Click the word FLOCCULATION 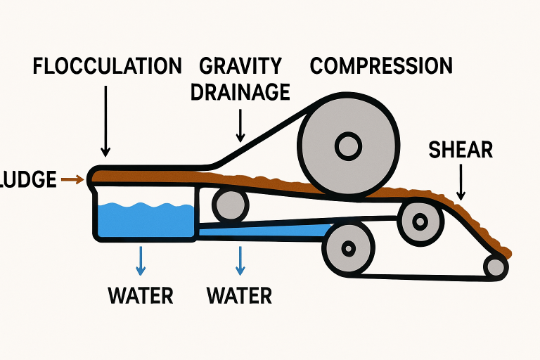tap(107, 67)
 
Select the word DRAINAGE tap(241, 92)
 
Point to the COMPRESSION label tap(381, 67)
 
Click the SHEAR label tap(461, 150)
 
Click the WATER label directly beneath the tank tap(141, 295)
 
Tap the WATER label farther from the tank tap(240, 295)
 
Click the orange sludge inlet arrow tap(72, 180)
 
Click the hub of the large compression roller tap(347, 147)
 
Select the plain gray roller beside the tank tap(230, 205)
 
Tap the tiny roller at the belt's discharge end tap(495, 266)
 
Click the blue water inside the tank tap(145, 220)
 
